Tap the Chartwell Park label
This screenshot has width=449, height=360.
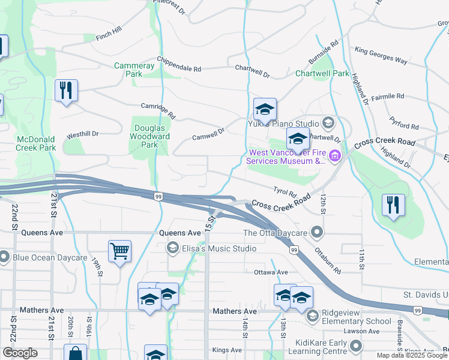pos(322,74)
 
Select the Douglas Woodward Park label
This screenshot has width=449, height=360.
pos(150,136)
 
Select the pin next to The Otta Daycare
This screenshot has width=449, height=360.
pos(318,233)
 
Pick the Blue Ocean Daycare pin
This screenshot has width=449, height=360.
pos(5,258)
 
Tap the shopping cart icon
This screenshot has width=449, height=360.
pos(119,251)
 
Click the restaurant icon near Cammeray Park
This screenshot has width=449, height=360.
pos(65,91)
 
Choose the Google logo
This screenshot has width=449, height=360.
pos(20,353)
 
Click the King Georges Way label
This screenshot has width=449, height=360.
pos(381,56)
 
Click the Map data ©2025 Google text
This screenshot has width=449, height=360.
pos(412,355)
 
